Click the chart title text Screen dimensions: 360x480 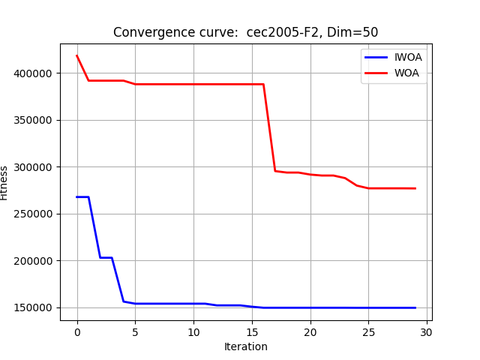(x=245, y=32)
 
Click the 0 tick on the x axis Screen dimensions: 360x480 (x=77, y=331)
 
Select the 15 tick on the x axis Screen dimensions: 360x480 (x=252, y=331)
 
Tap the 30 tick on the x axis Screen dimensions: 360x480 (x=427, y=331)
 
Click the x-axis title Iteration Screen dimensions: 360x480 (x=246, y=346)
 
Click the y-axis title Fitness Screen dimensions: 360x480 (x=4, y=182)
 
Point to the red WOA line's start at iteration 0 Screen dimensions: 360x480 (x=77, y=55)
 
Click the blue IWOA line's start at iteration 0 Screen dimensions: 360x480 (x=77, y=197)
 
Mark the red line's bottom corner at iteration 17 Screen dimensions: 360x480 (x=275, y=171)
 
